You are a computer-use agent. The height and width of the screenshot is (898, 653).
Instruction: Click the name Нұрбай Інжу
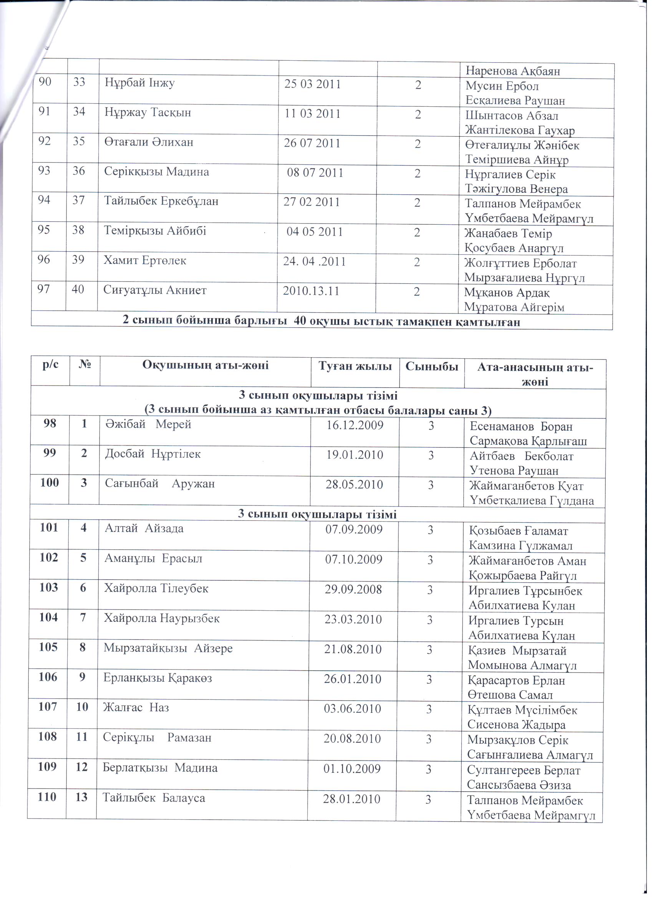pos(139,84)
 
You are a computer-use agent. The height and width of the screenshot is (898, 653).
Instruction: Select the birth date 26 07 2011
pos(312,143)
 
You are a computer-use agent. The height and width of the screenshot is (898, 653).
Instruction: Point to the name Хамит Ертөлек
pos(144,260)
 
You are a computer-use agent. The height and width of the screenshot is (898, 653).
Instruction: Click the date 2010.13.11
pos(311,291)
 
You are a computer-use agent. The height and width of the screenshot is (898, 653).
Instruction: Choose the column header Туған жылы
pos(355,366)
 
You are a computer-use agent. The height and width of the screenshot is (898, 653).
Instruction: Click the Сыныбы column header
pos(432,366)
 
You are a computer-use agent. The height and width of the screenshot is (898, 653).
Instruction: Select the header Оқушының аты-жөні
pos(205,365)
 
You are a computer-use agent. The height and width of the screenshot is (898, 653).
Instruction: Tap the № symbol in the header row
pos(85,364)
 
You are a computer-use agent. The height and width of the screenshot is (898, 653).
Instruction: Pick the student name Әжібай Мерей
pos(148,424)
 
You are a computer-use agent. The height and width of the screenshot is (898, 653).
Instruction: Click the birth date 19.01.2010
pos(355,454)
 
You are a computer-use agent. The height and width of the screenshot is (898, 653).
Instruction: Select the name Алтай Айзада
pos(144,529)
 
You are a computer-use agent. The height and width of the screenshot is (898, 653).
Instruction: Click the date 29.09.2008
pos(353,590)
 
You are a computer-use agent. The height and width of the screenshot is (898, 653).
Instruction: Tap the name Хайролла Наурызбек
pos(162,618)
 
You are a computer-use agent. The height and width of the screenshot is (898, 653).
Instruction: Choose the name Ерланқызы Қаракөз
pos(157,678)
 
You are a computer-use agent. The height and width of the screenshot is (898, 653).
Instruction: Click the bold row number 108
pos(48,737)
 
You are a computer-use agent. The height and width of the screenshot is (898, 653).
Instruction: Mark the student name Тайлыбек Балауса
pos(154,798)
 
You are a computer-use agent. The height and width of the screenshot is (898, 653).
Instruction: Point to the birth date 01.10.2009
pos(351,769)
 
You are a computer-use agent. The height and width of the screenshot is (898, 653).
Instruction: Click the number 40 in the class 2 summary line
pos(300,321)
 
